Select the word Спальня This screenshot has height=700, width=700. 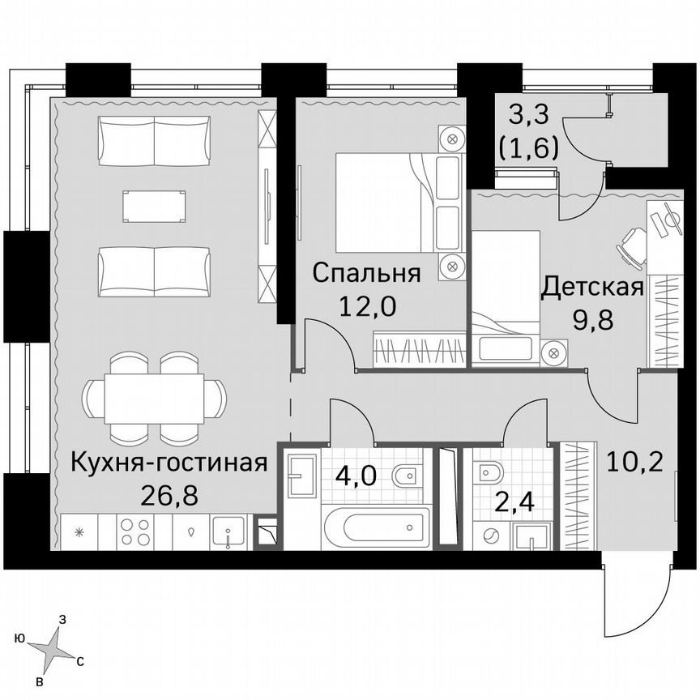(x=366, y=273)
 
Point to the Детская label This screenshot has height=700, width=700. (x=592, y=286)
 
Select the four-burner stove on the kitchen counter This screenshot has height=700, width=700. (x=134, y=532)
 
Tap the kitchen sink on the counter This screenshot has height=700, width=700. (x=229, y=534)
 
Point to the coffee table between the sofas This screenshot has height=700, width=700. (x=154, y=206)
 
